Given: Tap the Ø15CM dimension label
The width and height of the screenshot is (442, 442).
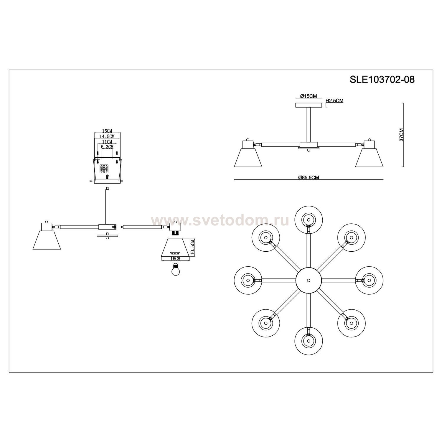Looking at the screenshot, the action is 308,96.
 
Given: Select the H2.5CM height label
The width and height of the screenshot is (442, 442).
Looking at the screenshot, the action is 334,101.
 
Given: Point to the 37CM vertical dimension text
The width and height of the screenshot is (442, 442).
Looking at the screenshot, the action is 402,135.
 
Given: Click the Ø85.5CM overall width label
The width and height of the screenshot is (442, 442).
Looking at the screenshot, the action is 309,177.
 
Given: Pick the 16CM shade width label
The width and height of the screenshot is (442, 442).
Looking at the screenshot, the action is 175,258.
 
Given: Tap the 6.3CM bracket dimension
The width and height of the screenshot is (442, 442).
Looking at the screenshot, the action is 107,147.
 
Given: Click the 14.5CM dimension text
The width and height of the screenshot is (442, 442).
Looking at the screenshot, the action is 107,136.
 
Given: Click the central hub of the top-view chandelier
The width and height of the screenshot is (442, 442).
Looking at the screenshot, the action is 308,280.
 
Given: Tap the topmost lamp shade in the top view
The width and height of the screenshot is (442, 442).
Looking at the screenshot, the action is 308,220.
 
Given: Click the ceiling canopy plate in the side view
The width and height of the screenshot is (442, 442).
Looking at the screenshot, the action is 308,105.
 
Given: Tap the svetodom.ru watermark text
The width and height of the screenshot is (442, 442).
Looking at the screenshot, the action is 220,220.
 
